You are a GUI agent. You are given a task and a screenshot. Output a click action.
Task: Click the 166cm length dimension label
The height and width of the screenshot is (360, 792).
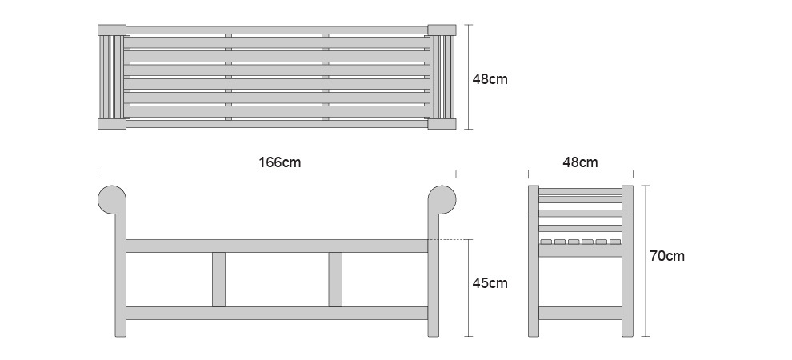coord(279,162)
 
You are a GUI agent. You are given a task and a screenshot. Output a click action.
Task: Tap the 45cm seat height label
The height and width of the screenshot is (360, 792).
coord(490,283)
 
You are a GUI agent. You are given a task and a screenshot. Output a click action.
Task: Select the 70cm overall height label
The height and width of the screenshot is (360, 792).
coord(667,256)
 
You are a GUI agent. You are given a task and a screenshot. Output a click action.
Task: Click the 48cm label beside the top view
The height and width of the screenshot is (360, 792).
coord(490,79)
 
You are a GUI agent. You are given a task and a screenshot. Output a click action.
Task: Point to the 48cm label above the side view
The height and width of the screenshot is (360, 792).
coord(580,162)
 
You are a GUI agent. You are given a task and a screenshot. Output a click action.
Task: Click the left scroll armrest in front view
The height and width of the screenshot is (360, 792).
coord(112,200)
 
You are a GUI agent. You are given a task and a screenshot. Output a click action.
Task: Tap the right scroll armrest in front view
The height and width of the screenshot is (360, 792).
coord(442,200)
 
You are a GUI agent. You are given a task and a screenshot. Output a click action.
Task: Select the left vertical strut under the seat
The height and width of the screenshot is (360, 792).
coord(218,279)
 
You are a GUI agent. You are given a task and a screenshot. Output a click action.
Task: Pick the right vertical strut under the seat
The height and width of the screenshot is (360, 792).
coord(335,279)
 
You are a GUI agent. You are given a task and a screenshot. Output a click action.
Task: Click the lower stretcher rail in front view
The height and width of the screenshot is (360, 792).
coord(277,313)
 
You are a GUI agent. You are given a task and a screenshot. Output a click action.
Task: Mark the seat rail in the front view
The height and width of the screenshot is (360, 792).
coord(277,246)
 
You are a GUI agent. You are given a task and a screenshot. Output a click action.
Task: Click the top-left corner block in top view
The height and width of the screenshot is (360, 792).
coord(112,30)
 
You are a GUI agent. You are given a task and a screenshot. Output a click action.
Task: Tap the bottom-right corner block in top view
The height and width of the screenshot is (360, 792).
coord(442,124)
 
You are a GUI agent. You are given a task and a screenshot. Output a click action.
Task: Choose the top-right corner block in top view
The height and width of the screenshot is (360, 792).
coord(442,30)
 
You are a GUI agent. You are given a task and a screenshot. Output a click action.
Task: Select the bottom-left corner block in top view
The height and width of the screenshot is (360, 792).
coord(112,124)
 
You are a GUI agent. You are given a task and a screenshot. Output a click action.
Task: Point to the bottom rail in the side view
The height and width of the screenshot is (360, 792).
coord(580,313)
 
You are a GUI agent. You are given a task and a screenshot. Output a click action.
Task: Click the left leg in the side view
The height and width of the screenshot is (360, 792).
coord(534,261)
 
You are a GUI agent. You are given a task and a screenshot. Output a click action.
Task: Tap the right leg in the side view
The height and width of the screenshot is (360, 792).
coord(627,261)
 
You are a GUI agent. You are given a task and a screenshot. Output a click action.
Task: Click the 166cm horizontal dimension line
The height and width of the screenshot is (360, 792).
coord(277,174)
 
